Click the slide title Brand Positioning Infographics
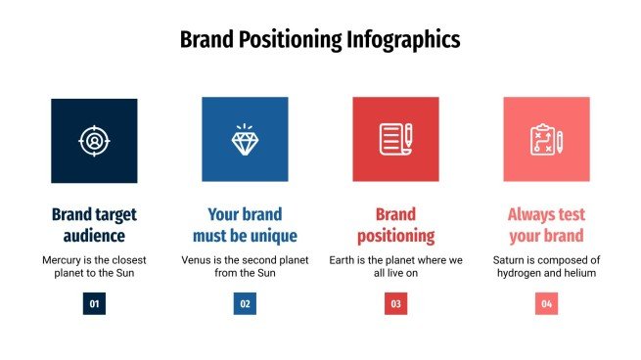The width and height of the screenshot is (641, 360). tap(320, 40)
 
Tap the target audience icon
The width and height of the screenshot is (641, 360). tap(94, 141)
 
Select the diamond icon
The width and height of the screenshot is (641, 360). tap(245, 141)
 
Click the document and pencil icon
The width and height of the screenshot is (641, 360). tap(395, 141)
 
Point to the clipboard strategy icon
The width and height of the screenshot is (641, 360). tap(545, 141)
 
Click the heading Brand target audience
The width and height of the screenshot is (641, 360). tap(94, 225)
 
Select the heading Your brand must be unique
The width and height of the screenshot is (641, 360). tap(245, 225)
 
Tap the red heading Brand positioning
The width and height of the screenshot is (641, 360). tap(395, 225)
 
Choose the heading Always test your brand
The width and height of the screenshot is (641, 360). tap(545, 225)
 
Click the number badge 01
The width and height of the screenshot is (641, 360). tap(94, 304)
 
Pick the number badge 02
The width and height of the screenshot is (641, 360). tap(245, 304)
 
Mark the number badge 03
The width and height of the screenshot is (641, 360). tap(395, 304)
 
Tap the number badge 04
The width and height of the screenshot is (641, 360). tap(546, 304)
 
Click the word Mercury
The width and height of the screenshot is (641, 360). tap(64, 260)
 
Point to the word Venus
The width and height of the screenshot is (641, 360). tap(199, 260)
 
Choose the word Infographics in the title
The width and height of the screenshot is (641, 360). tap(403, 40)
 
